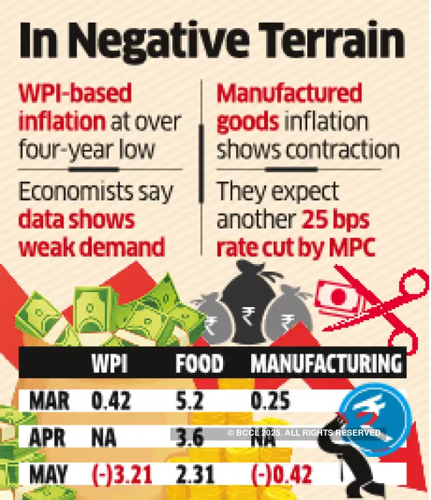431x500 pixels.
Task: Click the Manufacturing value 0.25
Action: click(270, 402)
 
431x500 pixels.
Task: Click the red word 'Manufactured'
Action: click(289, 94)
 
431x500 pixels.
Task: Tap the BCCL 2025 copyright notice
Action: click(305, 433)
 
